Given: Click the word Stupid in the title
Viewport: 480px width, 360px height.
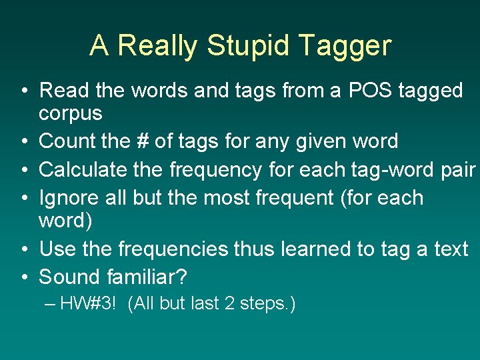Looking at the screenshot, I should [248, 46].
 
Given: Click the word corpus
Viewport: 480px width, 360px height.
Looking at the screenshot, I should [71, 114].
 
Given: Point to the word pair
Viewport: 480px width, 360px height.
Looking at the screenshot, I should [458, 169].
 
